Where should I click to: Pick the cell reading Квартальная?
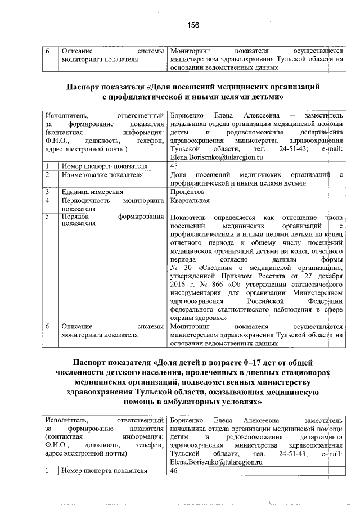coord(190,200)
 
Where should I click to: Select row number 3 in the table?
coord(48,192)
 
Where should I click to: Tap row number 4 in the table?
coord(48,200)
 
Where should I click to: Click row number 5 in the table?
coord(48,217)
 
